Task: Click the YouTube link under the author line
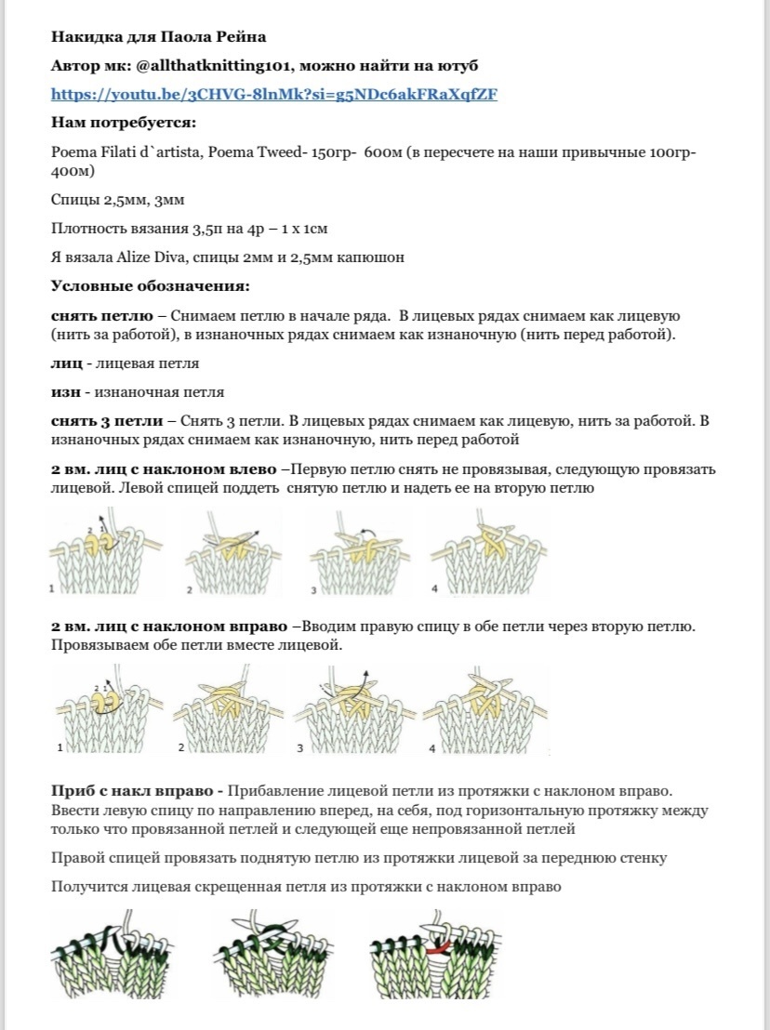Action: (x=273, y=95)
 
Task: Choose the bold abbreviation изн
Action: (x=64, y=392)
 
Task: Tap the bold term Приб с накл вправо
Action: (x=136, y=791)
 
